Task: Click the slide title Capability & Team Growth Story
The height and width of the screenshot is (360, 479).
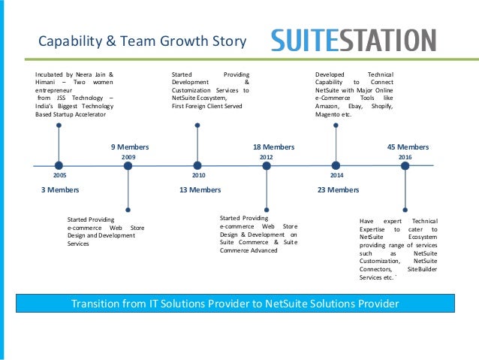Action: (142, 41)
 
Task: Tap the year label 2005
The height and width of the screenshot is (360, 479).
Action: (59, 174)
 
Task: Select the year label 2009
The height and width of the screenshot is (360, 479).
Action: (128, 156)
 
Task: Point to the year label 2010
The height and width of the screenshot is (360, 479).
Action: (198, 174)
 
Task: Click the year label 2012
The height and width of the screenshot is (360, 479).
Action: (266, 156)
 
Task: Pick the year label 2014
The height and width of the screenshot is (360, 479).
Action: (336, 174)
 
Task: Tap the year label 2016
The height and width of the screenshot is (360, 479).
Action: (405, 156)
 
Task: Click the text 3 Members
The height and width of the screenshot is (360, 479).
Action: (59, 190)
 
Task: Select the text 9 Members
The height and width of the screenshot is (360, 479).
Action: (130, 147)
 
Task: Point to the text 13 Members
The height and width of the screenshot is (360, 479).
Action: (200, 190)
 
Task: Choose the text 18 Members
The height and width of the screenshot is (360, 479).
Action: (273, 147)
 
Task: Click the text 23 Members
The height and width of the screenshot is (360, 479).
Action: (338, 190)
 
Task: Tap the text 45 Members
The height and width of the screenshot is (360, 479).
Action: (408, 147)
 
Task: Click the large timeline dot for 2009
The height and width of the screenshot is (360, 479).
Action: (128, 165)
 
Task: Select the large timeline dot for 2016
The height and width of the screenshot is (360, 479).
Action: (405, 165)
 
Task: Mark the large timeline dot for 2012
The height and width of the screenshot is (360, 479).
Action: (267, 165)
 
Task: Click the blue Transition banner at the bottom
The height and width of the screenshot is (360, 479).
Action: (234, 304)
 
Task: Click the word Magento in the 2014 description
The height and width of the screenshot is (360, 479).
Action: (328, 114)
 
